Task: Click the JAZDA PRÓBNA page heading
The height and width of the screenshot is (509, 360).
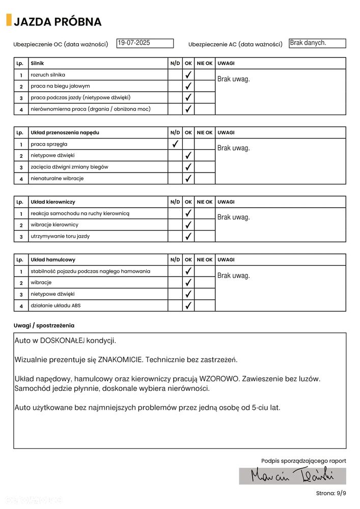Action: (x=58, y=22)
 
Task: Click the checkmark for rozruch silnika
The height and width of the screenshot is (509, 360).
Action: (x=188, y=75)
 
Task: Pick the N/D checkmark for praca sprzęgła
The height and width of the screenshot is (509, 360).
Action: (x=175, y=144)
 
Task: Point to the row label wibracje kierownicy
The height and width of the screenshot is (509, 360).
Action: (x=54, y=224)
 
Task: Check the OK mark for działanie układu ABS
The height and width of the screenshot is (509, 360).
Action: (x=188, y=306)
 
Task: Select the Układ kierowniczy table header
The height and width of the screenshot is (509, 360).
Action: (x=53, y=202)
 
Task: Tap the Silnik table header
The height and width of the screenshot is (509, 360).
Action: (x=37, y=63)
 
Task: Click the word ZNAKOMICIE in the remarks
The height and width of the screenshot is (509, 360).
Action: (x=121, y=359)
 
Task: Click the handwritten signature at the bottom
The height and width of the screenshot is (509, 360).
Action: (x=292, y=475)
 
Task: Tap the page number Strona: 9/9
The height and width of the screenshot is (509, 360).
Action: (x=330, y=493)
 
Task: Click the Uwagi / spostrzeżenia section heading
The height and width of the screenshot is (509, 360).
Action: (x=44, y=325)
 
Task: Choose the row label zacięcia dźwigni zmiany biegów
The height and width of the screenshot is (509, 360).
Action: (x=69, y=167)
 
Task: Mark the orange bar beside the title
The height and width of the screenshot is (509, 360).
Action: (x=9, y=20)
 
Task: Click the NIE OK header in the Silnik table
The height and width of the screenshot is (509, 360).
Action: (x=205, y=63)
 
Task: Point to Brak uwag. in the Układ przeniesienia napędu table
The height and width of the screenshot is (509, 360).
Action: (x=234, y=148)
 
